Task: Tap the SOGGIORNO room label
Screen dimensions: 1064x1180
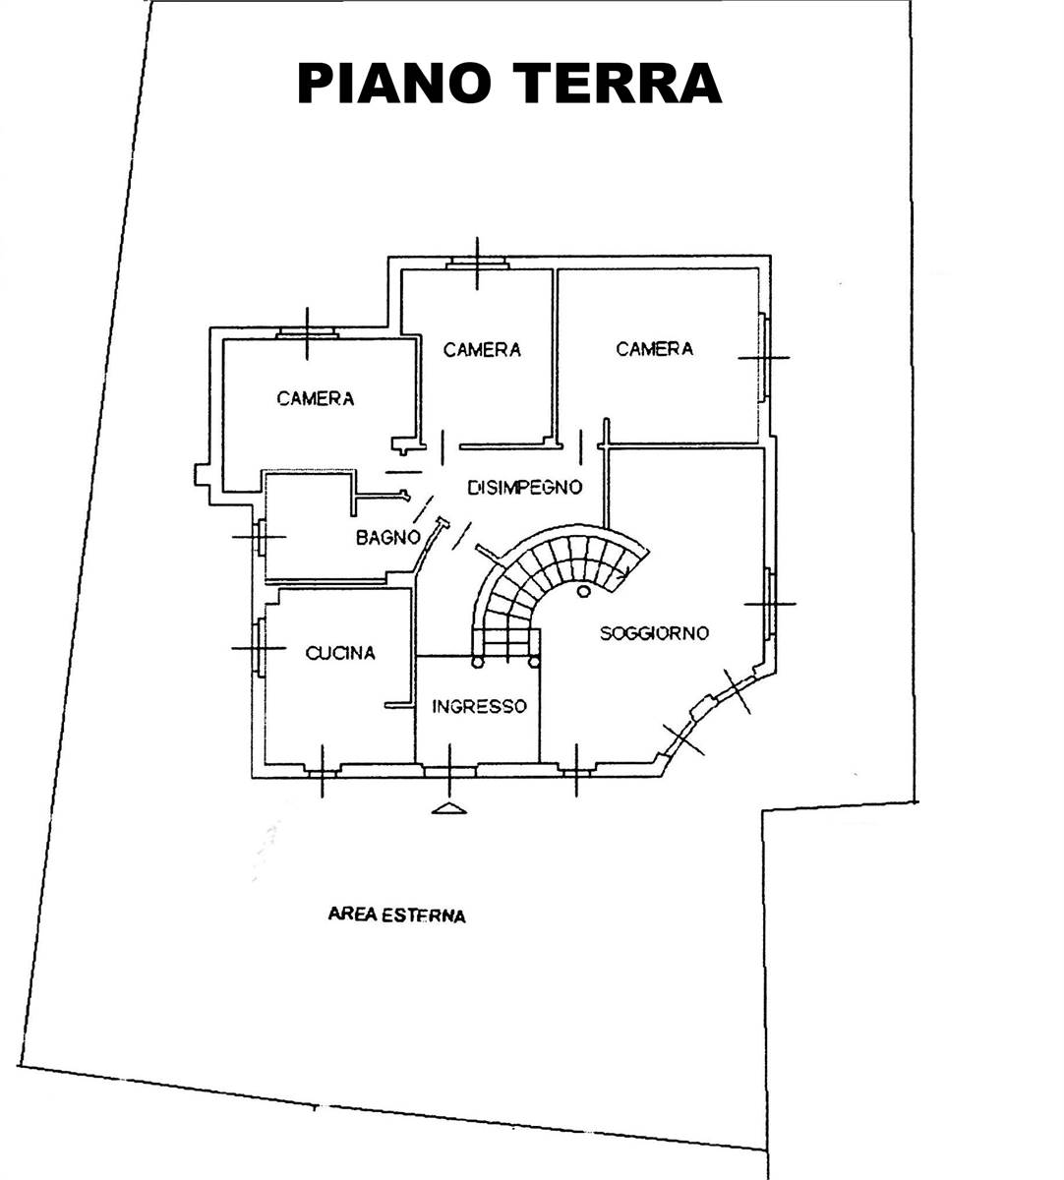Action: tap(654, 633)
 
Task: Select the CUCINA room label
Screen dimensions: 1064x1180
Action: tap(340, 653)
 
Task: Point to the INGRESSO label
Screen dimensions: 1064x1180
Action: tap(479, 706)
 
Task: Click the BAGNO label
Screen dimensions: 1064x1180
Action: tap(388, 537)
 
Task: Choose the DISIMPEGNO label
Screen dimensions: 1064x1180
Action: tap(524, 487)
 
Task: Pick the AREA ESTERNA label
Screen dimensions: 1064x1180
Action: tap(396, 914)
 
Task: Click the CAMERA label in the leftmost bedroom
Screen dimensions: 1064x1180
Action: tap(316, 399)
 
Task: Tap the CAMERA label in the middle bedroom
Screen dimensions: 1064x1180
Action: tap(482, 350)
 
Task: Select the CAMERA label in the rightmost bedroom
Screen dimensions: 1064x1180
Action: tap(654, 349)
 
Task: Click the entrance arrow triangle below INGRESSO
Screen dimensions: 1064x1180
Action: tap(449, 809)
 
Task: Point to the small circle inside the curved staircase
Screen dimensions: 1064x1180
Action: tap(582, 591)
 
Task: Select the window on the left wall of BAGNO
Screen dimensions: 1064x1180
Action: tap(260, 537)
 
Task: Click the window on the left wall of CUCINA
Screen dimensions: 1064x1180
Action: tap(259, 648)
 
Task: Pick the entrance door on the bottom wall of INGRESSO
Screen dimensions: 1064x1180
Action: tap(450, 770)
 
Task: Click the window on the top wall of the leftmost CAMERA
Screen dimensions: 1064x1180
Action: tap(307, 333)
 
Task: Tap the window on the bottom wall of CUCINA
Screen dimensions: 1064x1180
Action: tap(322, 770)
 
